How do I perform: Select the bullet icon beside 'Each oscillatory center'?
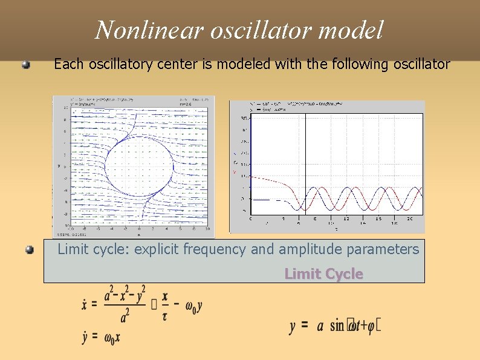(26, 65)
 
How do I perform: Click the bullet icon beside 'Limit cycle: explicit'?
(29, 250)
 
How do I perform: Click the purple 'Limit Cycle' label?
(323, 274)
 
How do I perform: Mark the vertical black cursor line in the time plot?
(306, 163)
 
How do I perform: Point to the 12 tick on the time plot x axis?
(346, 218)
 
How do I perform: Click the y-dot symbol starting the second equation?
(86, 337)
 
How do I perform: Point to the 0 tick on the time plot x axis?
(251, 218)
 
